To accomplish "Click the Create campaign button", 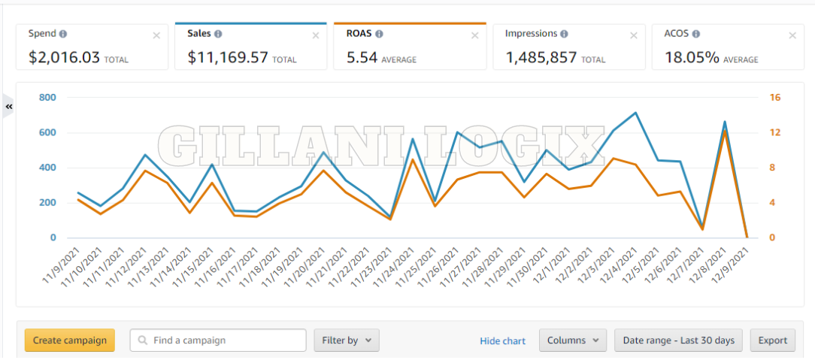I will click(69, 340).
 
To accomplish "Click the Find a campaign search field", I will click(218, 340).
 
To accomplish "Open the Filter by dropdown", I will click(346, 340).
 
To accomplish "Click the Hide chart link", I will click(502, 341).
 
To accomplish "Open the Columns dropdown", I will click(572, 340).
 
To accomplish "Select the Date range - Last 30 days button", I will click(678, 340).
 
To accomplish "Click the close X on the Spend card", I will click(156, 35).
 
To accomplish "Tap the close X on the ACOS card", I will click(792, 35).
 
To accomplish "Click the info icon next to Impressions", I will click(564, 34).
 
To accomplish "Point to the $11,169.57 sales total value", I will click(228, 57).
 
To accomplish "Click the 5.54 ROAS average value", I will click(361, 57).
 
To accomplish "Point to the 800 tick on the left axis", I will click(48, 98).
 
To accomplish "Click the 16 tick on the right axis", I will click(774, 98).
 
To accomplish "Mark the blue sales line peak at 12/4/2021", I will click(635, 113).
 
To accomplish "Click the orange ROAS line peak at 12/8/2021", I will click(725, 131).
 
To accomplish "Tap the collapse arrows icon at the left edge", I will click(9, 107).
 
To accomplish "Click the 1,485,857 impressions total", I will click(541, 57).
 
